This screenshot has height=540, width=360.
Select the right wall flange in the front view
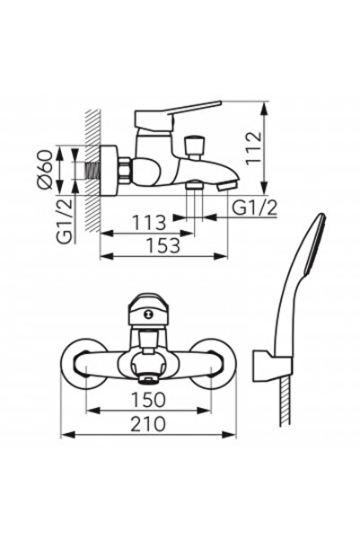[215, 363]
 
